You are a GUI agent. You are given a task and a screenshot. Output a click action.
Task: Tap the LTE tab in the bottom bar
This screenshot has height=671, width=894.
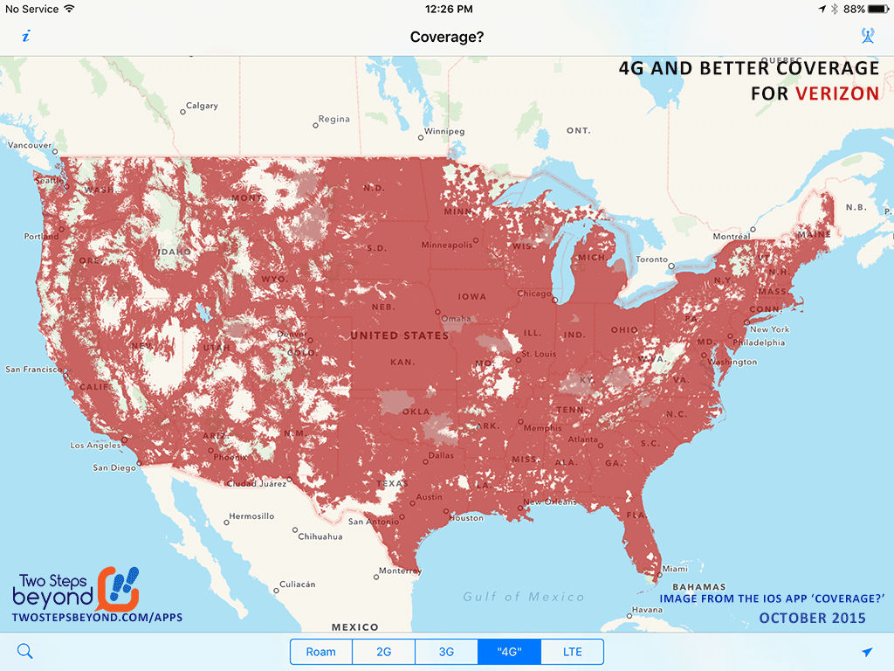[x=572, y=652]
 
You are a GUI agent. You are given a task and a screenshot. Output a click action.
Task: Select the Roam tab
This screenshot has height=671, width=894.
[x=320, y=652]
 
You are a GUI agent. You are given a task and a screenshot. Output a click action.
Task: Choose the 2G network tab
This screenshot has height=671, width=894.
[x=383, y=652]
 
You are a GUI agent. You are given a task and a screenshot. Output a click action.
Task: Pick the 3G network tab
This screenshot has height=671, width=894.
[x=446, y=652]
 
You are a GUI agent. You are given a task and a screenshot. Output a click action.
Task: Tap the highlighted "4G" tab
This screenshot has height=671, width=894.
[x=509, y=652]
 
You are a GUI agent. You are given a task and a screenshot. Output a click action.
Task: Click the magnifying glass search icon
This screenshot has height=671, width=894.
[x=24, y=651]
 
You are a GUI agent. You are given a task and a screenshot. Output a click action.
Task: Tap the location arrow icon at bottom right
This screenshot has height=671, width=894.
[x=867, y=652]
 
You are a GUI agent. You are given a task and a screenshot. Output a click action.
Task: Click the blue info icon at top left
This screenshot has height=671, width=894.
[x=26, y=36]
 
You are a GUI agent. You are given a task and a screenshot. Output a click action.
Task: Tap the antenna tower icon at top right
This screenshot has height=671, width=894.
[x=867, y=36]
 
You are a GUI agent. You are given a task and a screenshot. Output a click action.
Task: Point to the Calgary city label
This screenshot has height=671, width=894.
[x=202, y=107]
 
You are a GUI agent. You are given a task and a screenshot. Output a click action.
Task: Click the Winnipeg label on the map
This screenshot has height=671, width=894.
[x=444, y=132]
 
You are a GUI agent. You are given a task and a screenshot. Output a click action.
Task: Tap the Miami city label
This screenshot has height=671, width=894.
[x=674, y=569]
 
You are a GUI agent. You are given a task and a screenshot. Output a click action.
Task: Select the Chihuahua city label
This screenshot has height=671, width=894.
[x=320, y=536]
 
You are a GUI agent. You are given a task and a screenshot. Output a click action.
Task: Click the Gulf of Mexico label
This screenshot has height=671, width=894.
[x=524, y=597]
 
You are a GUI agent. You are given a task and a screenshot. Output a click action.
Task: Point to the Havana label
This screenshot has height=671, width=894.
[x=647, y=610]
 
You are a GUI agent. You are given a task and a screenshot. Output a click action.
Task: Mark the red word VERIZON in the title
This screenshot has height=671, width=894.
[x=837, y=93]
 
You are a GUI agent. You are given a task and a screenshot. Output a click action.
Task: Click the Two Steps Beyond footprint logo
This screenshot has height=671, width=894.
[x=118, y=588]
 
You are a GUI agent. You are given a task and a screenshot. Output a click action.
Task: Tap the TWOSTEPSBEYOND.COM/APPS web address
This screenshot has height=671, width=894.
[x=97, y=618]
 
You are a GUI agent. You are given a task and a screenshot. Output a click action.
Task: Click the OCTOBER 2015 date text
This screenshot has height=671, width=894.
[x=812, y=618]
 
